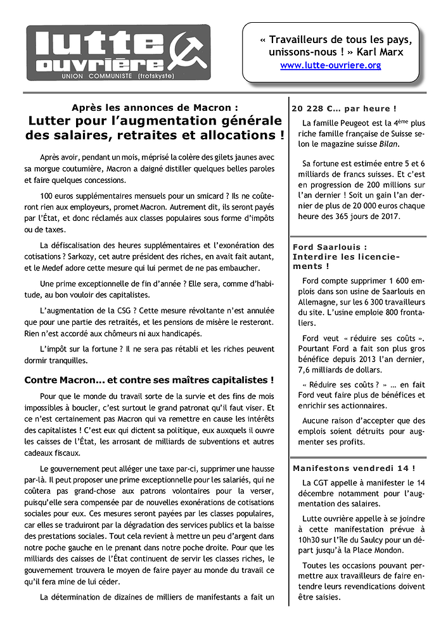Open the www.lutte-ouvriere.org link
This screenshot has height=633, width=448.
330,65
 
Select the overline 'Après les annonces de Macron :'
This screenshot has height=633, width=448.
155,108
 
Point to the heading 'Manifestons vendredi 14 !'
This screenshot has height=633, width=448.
354,468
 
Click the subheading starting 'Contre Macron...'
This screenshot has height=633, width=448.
149,380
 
